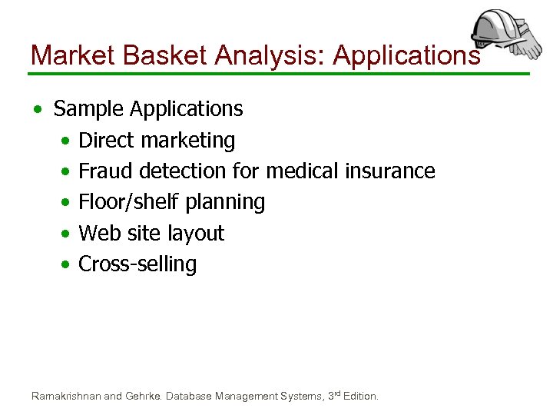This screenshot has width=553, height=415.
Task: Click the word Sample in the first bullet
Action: pos(88,109)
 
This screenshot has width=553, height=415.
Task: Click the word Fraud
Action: pos(103,171)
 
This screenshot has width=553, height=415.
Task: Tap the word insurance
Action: pos(390,171)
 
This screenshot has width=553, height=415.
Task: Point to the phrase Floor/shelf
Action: pos(120,203)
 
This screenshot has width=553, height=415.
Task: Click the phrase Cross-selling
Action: pos(137,264)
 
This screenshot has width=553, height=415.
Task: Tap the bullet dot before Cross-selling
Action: pos(67,265)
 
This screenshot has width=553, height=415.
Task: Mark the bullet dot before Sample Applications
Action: pos(38,110)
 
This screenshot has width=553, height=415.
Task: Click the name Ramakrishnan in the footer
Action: pos(65,397)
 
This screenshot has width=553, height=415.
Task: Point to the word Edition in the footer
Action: pos(360,397)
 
